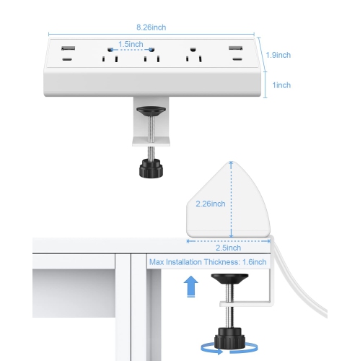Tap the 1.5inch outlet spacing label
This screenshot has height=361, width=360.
point(131,44)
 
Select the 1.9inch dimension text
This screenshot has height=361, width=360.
point(277,54)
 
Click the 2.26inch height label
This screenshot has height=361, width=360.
point(211,204)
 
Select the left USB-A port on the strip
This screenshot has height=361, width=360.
point(66,48)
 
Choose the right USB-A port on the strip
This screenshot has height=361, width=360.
point(235,48)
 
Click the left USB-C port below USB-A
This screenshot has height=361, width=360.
point(66,62)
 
